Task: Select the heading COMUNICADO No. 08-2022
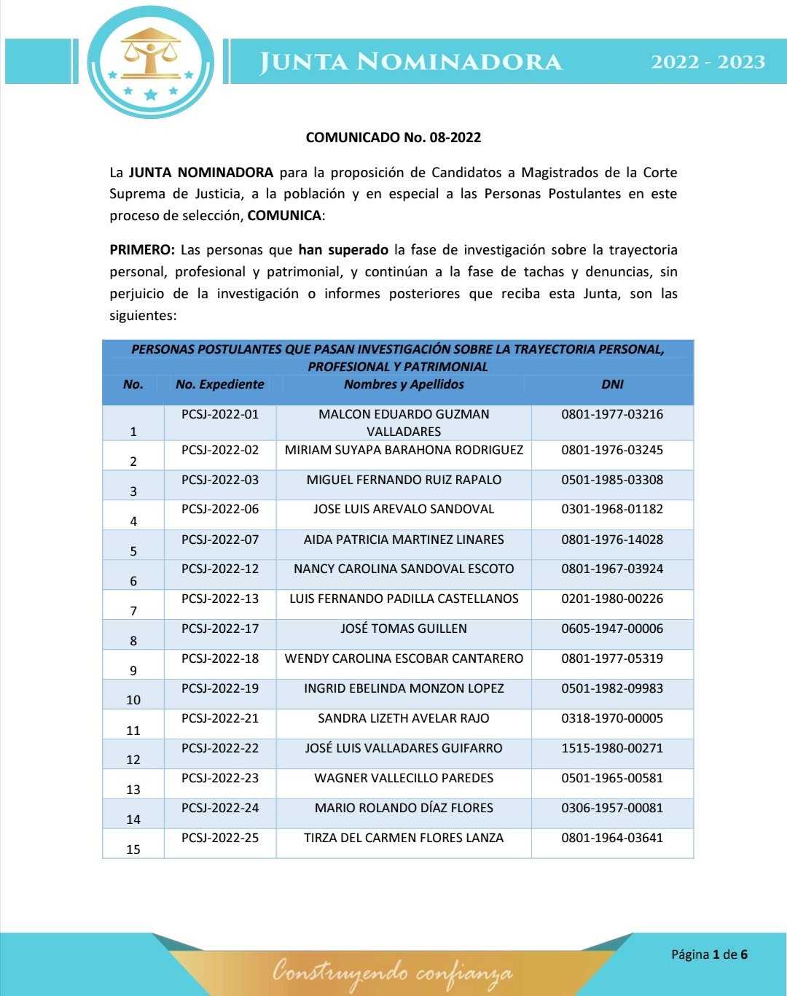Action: point(393,137)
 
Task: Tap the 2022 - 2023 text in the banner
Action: point(708,62)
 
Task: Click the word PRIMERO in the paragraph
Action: point(141,250)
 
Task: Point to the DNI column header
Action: point(612,384)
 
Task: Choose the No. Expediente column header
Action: point(219,384)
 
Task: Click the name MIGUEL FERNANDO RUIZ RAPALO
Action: point(404,480)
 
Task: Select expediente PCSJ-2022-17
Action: point(220,629)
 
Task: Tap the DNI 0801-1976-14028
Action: point(612,540)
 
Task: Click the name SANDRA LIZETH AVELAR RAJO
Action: point(404,718)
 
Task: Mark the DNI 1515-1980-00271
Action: point(612,748)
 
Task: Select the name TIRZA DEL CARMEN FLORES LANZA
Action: point(404,838)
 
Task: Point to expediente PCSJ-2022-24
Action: point(220,808)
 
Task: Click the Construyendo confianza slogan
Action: point(392,972)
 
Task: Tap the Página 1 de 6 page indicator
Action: point(709,954)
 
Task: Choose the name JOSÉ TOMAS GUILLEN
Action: point(404,629)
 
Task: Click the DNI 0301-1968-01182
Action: point(612,509)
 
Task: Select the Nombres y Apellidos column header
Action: point(404,384)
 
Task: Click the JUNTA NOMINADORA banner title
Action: point(411,62)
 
